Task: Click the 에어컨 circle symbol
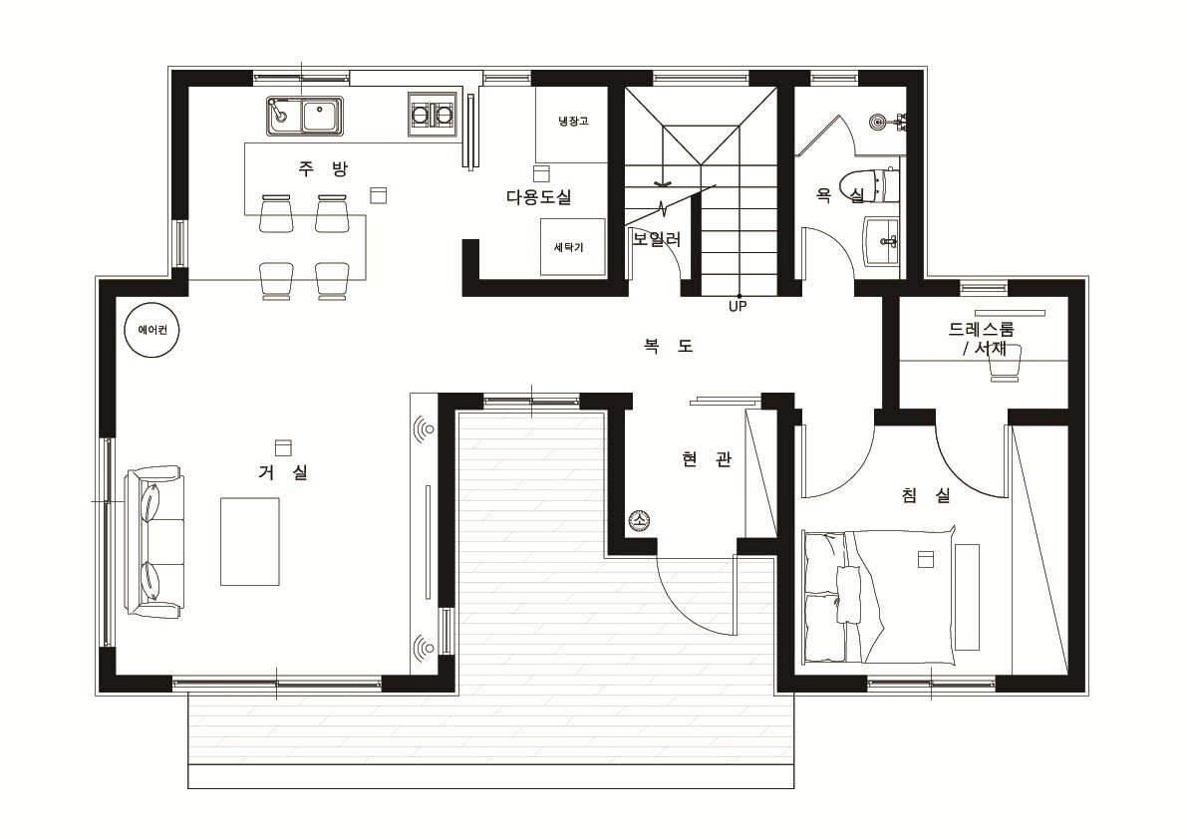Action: tap(152, 330)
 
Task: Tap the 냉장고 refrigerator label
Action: tap(573, 121)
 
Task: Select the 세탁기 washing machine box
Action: tap(572, 247)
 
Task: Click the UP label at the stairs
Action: tap(738, 306)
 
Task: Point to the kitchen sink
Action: tap(304, 117)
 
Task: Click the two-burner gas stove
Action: tap(433, 115)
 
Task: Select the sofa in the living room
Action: tap(154, 544)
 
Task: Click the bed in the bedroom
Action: tap(878, 596)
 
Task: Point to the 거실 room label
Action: tap(283, 473)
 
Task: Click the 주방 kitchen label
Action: tap(323, 168)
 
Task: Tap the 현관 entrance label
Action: tap(707, 458)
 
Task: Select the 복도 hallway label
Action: tap(669, 346)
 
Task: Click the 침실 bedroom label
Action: tap(926, 495)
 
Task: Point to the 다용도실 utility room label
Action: tap(539, 196)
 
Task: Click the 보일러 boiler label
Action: tap(657, 239)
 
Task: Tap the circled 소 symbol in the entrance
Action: tap(639, 520)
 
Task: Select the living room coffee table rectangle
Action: tap(250, 542)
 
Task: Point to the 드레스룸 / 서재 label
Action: tap(982, 338)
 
